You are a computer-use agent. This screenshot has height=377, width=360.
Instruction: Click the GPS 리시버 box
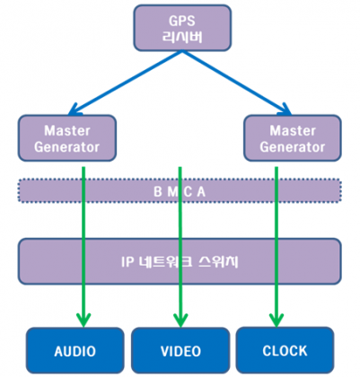[182, 28]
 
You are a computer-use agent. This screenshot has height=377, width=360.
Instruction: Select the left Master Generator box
[67, 138]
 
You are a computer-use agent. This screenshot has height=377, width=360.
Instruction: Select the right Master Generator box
[293, 138]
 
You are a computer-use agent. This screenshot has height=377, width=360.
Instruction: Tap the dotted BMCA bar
[180, 190]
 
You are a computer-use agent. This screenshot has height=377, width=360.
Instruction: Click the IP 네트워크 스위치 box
[180, 261]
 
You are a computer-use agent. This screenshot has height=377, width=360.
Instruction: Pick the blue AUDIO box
[75, 350]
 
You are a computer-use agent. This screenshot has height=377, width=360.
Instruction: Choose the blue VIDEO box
[180, 350]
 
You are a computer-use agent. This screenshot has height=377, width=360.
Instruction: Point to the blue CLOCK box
[285, 350]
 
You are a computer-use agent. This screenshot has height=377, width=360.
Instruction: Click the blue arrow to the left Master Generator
[125, 83]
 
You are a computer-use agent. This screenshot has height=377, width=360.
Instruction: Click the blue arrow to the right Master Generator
[236, 83]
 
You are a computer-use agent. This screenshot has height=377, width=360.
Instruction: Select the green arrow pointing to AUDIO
[83, 247]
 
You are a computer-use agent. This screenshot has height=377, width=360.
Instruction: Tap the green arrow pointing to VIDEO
[180, 247]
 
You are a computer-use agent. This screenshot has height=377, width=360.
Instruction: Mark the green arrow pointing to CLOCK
[277, 247]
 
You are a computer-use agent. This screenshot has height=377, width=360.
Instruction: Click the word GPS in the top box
[182, 21]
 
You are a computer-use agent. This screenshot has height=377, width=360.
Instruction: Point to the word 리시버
[182, 37]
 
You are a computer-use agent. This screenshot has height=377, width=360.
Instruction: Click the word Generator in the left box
[66, 147]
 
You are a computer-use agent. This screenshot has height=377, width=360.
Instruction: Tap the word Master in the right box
[293, 131]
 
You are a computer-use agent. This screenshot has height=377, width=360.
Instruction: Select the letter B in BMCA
[158, 191]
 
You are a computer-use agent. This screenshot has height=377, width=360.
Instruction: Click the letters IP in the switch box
[127, 262]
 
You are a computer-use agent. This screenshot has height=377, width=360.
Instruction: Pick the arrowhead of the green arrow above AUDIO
[83, 320]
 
